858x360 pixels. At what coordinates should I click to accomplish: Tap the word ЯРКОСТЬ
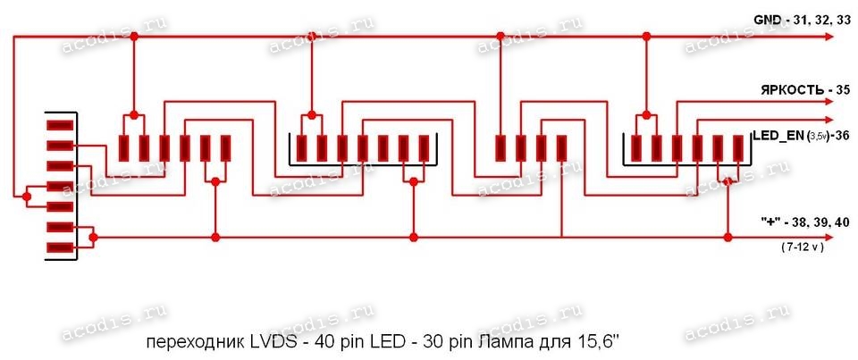(789, 91)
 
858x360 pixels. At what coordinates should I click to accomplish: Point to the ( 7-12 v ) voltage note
(801, 246)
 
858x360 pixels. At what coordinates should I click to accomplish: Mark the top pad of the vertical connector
(60, 125)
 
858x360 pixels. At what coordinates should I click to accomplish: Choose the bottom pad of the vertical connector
(60, 247)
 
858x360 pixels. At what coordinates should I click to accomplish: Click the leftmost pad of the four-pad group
(500, 148)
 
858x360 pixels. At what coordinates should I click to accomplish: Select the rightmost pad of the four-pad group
(561, 148)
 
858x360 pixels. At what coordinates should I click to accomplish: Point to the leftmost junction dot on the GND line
(134, 36)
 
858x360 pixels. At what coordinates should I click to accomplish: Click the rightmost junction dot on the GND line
(646, 36)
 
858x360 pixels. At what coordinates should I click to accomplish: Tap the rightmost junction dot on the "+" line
(729, 238)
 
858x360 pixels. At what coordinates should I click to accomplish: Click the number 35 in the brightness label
(837, 91)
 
